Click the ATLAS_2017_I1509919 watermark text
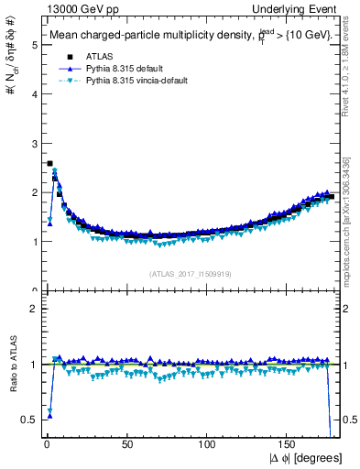(189, 272)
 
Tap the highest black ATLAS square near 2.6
(49, 163)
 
